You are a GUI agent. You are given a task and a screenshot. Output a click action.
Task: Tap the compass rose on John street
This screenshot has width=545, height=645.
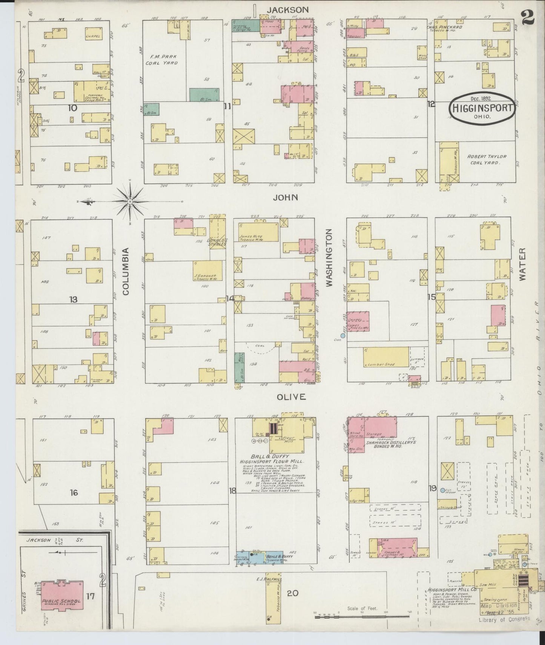click(130, 202)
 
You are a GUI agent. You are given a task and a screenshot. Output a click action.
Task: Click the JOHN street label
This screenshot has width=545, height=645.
click(286, 197)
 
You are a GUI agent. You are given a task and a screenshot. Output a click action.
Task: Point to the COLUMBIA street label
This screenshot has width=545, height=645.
click(126, 271)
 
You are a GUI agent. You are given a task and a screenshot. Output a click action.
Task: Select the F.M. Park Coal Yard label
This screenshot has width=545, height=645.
click(162, 60)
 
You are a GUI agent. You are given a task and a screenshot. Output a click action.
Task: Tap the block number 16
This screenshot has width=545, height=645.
click(74, 492)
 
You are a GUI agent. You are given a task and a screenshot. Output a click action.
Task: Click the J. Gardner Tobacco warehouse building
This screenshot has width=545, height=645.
click(208, 270)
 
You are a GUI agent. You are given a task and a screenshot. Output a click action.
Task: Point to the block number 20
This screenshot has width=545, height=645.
click(293, 593)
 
